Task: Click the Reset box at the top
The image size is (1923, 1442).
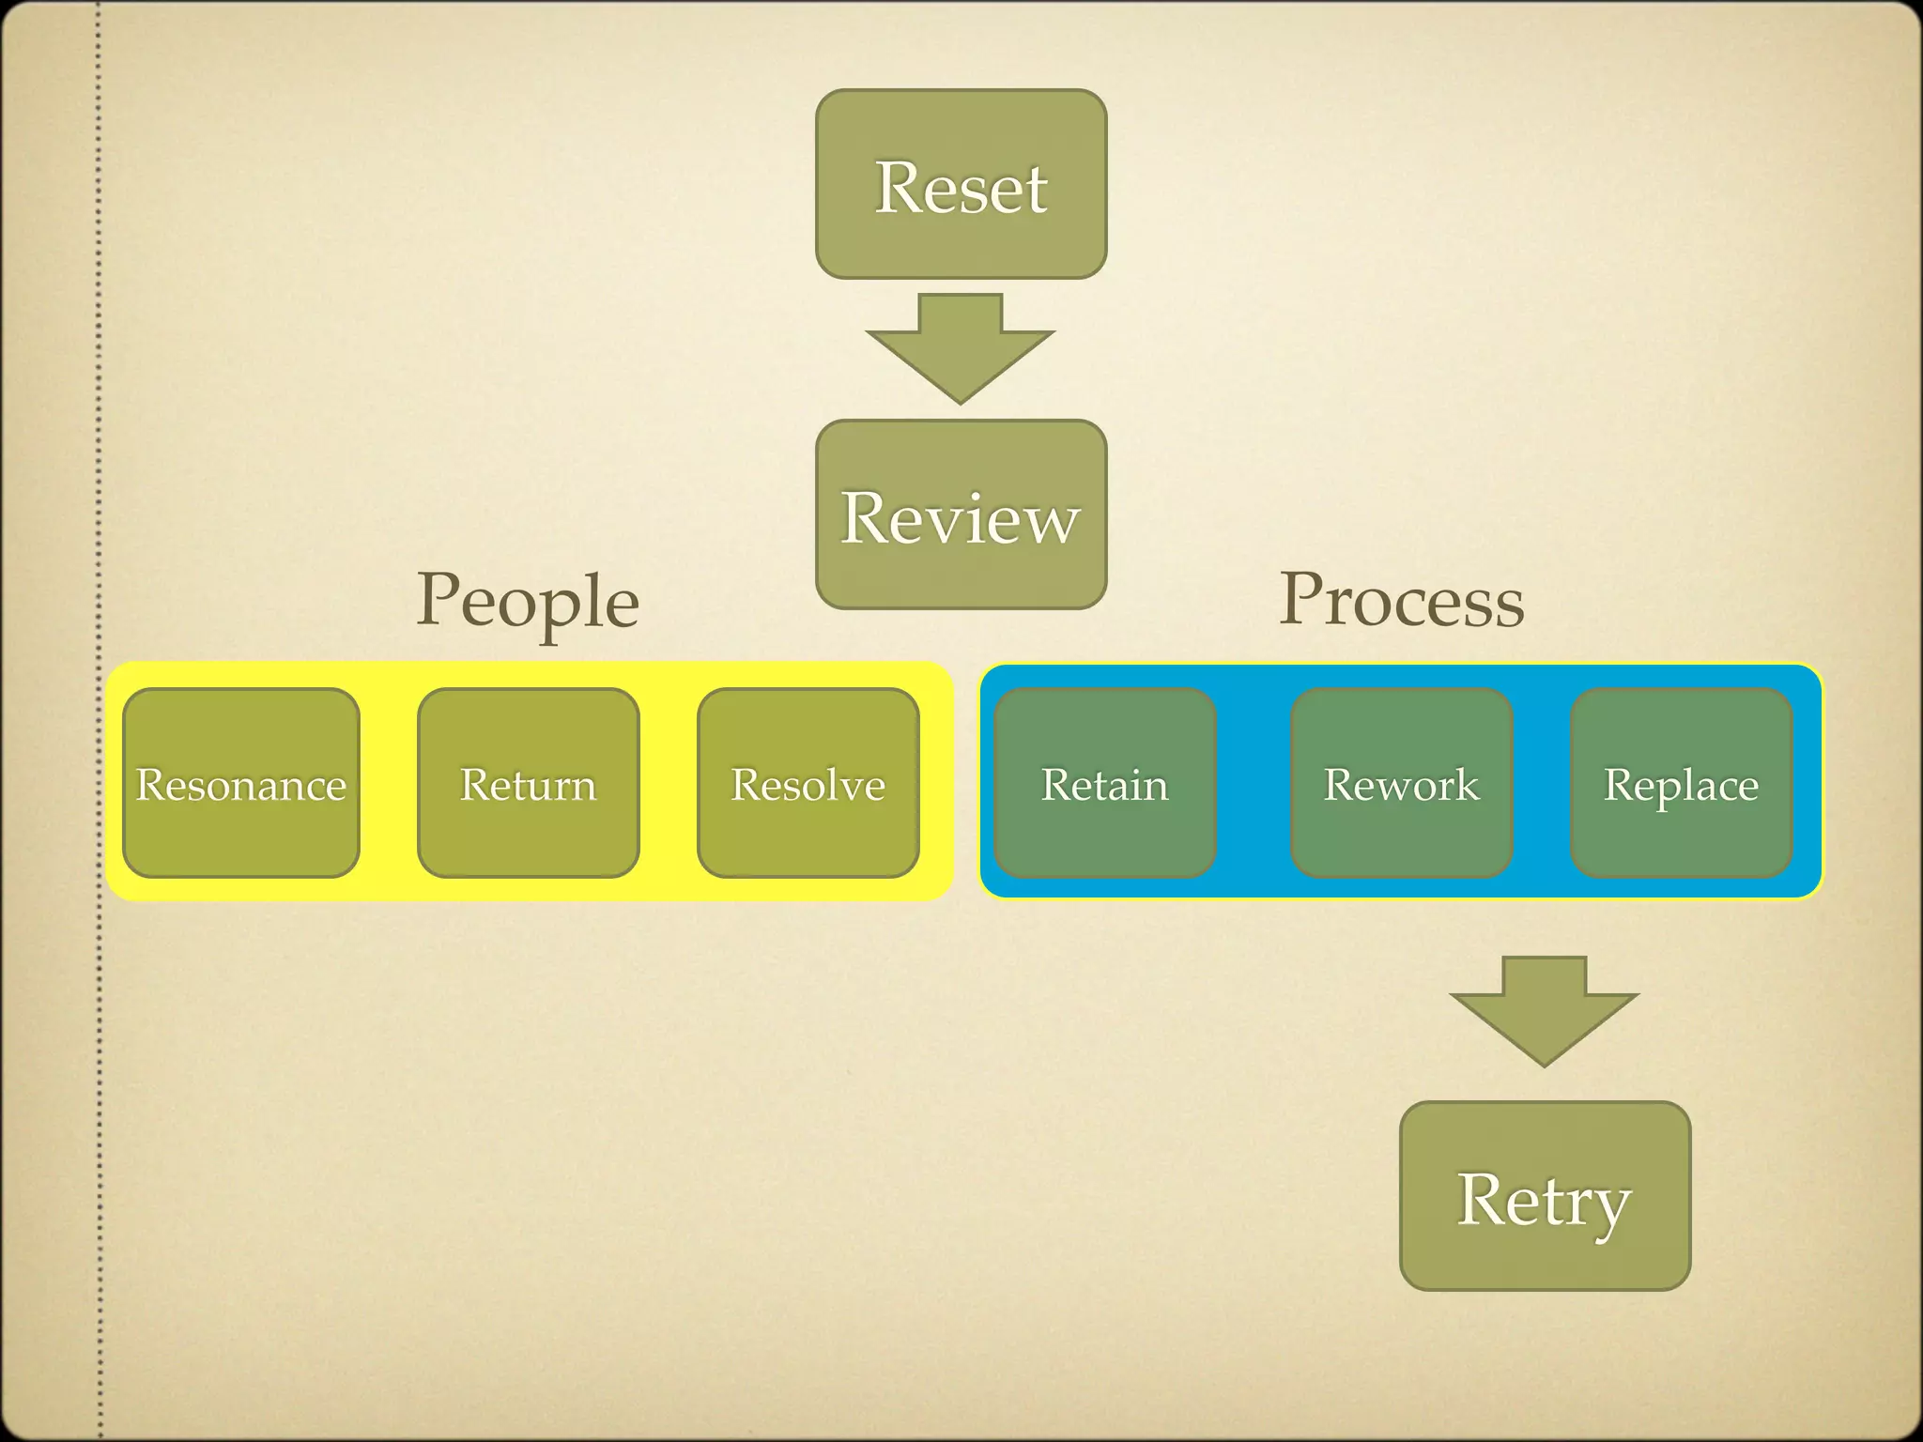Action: [961, 185]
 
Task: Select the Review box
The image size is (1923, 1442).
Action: [961, 514]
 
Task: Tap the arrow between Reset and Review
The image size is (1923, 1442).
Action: [960, 347]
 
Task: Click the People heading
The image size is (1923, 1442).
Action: [528, 601]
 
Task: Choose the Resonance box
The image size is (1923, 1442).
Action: [241, 783]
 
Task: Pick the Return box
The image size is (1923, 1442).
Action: [528, 783]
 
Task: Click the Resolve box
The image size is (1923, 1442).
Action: [808, 783]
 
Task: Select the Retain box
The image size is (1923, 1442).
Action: [1104, 783]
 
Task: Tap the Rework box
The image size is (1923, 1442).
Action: [1401, 783]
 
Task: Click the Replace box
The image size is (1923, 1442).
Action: [1681, 783]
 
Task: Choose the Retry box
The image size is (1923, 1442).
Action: [1545, 1196]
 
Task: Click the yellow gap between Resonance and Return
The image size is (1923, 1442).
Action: [388, 783]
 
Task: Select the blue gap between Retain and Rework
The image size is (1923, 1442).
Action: [1253, 783]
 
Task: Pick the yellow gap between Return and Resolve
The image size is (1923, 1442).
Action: [668, 783]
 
